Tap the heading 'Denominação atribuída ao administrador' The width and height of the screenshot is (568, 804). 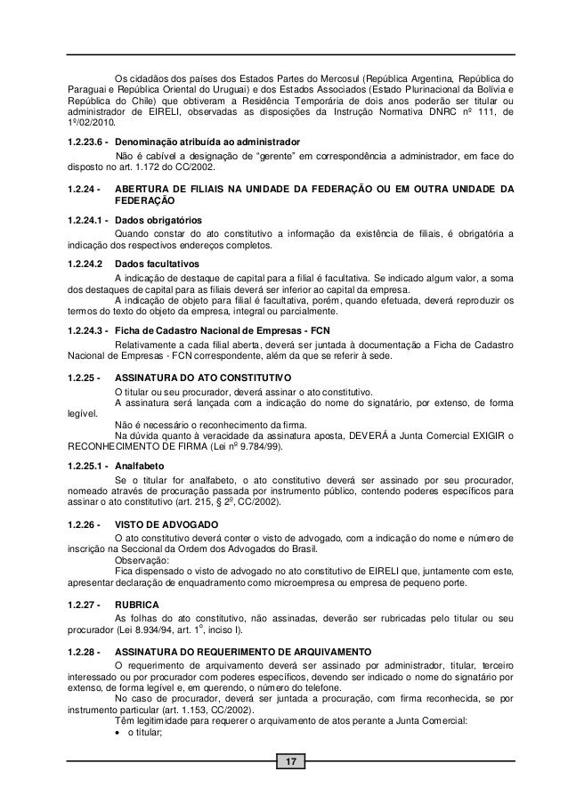pyautogui.click(x=208, y=142)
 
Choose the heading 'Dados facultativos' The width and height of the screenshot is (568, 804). pyautogui.click(x=159, y=264)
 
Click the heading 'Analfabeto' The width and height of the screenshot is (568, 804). pyautogui.click(x=141, y=464)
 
